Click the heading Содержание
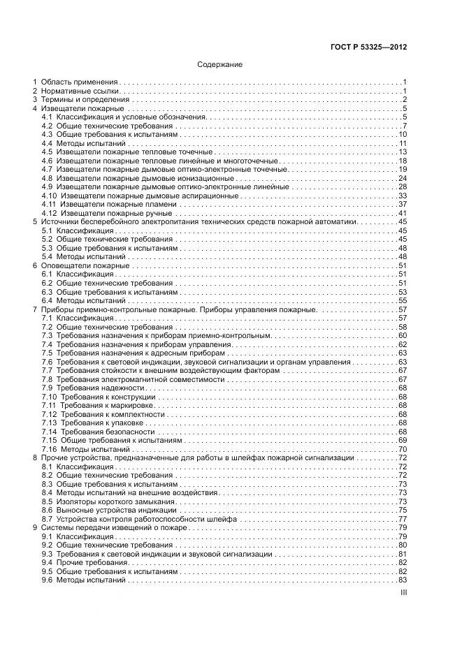click(x=219, y=65)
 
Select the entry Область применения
click(x=80, y=82)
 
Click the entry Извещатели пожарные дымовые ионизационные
click(x=145, y=178)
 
